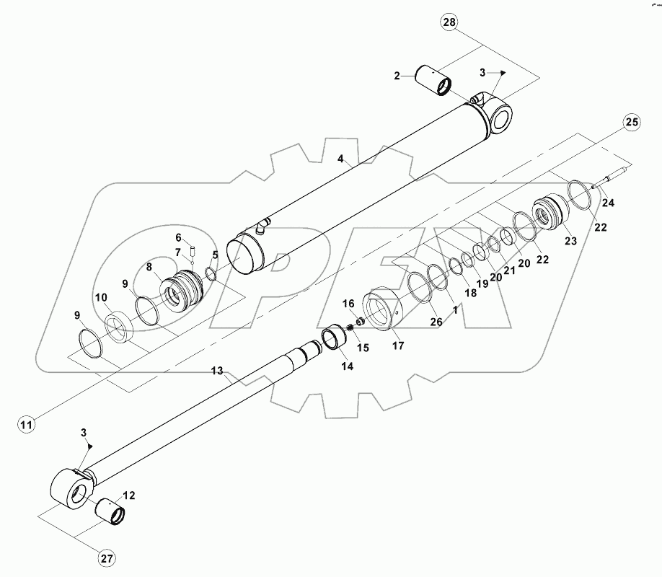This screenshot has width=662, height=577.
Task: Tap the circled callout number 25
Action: click(x=631, y=122)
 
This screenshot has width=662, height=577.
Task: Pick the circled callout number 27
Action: click(x=107, y=557)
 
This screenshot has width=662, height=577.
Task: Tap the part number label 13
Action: click(x=217, y=371)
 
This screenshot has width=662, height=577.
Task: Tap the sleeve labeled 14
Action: click(x=334, y=338)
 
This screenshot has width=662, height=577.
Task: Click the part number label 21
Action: click(x=510, y=270)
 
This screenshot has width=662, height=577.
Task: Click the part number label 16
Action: click(x=348, y=304)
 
